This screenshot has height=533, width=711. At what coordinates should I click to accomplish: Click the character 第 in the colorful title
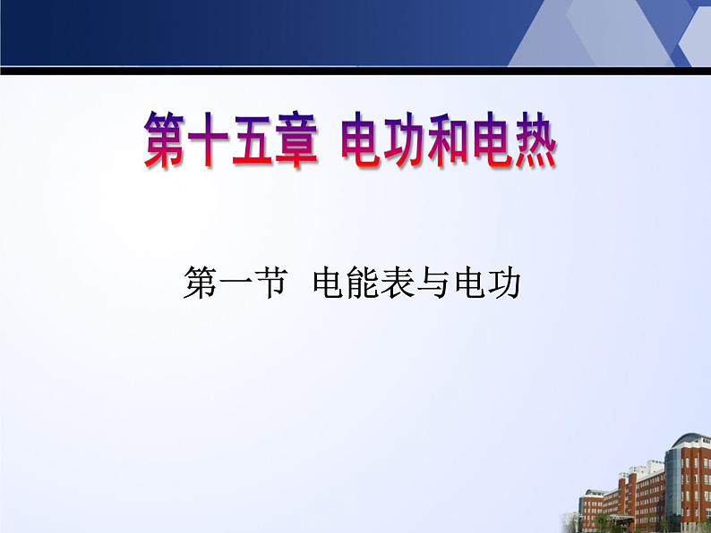(164, 140)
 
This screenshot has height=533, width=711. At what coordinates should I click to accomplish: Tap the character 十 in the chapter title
(208, 140)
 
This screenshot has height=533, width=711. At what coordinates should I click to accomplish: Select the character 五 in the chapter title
(252, 140)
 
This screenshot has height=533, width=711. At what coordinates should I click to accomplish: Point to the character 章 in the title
(296, 140)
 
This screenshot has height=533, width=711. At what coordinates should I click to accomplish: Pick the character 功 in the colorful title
(405, 140)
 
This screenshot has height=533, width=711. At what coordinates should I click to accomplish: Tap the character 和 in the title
(448, 140)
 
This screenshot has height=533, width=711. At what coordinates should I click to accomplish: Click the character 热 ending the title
(535, 140)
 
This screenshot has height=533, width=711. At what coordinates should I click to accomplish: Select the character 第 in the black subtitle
(200, 283)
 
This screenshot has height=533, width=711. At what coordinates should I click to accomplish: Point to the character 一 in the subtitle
(235, 283)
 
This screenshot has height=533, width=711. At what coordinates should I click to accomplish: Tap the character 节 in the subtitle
(270, 283)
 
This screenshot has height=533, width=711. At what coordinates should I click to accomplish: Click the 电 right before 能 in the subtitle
(329, 283)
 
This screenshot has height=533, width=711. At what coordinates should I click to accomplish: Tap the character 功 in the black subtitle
(504, 283)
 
